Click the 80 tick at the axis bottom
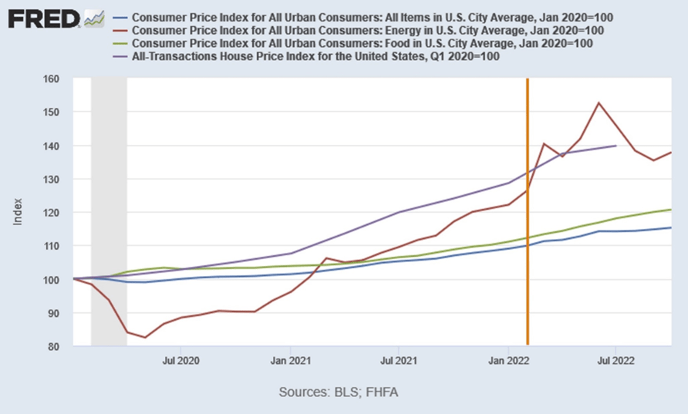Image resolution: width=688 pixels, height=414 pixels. (53, 347)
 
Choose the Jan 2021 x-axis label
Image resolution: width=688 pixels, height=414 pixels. (291, 359)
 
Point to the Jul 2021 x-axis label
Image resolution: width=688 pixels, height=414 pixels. (398, 359)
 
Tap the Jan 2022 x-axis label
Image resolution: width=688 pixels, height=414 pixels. (508, 359)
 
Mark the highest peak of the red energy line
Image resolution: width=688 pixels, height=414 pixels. (599, 103)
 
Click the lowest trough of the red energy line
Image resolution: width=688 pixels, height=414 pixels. (145, 337)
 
